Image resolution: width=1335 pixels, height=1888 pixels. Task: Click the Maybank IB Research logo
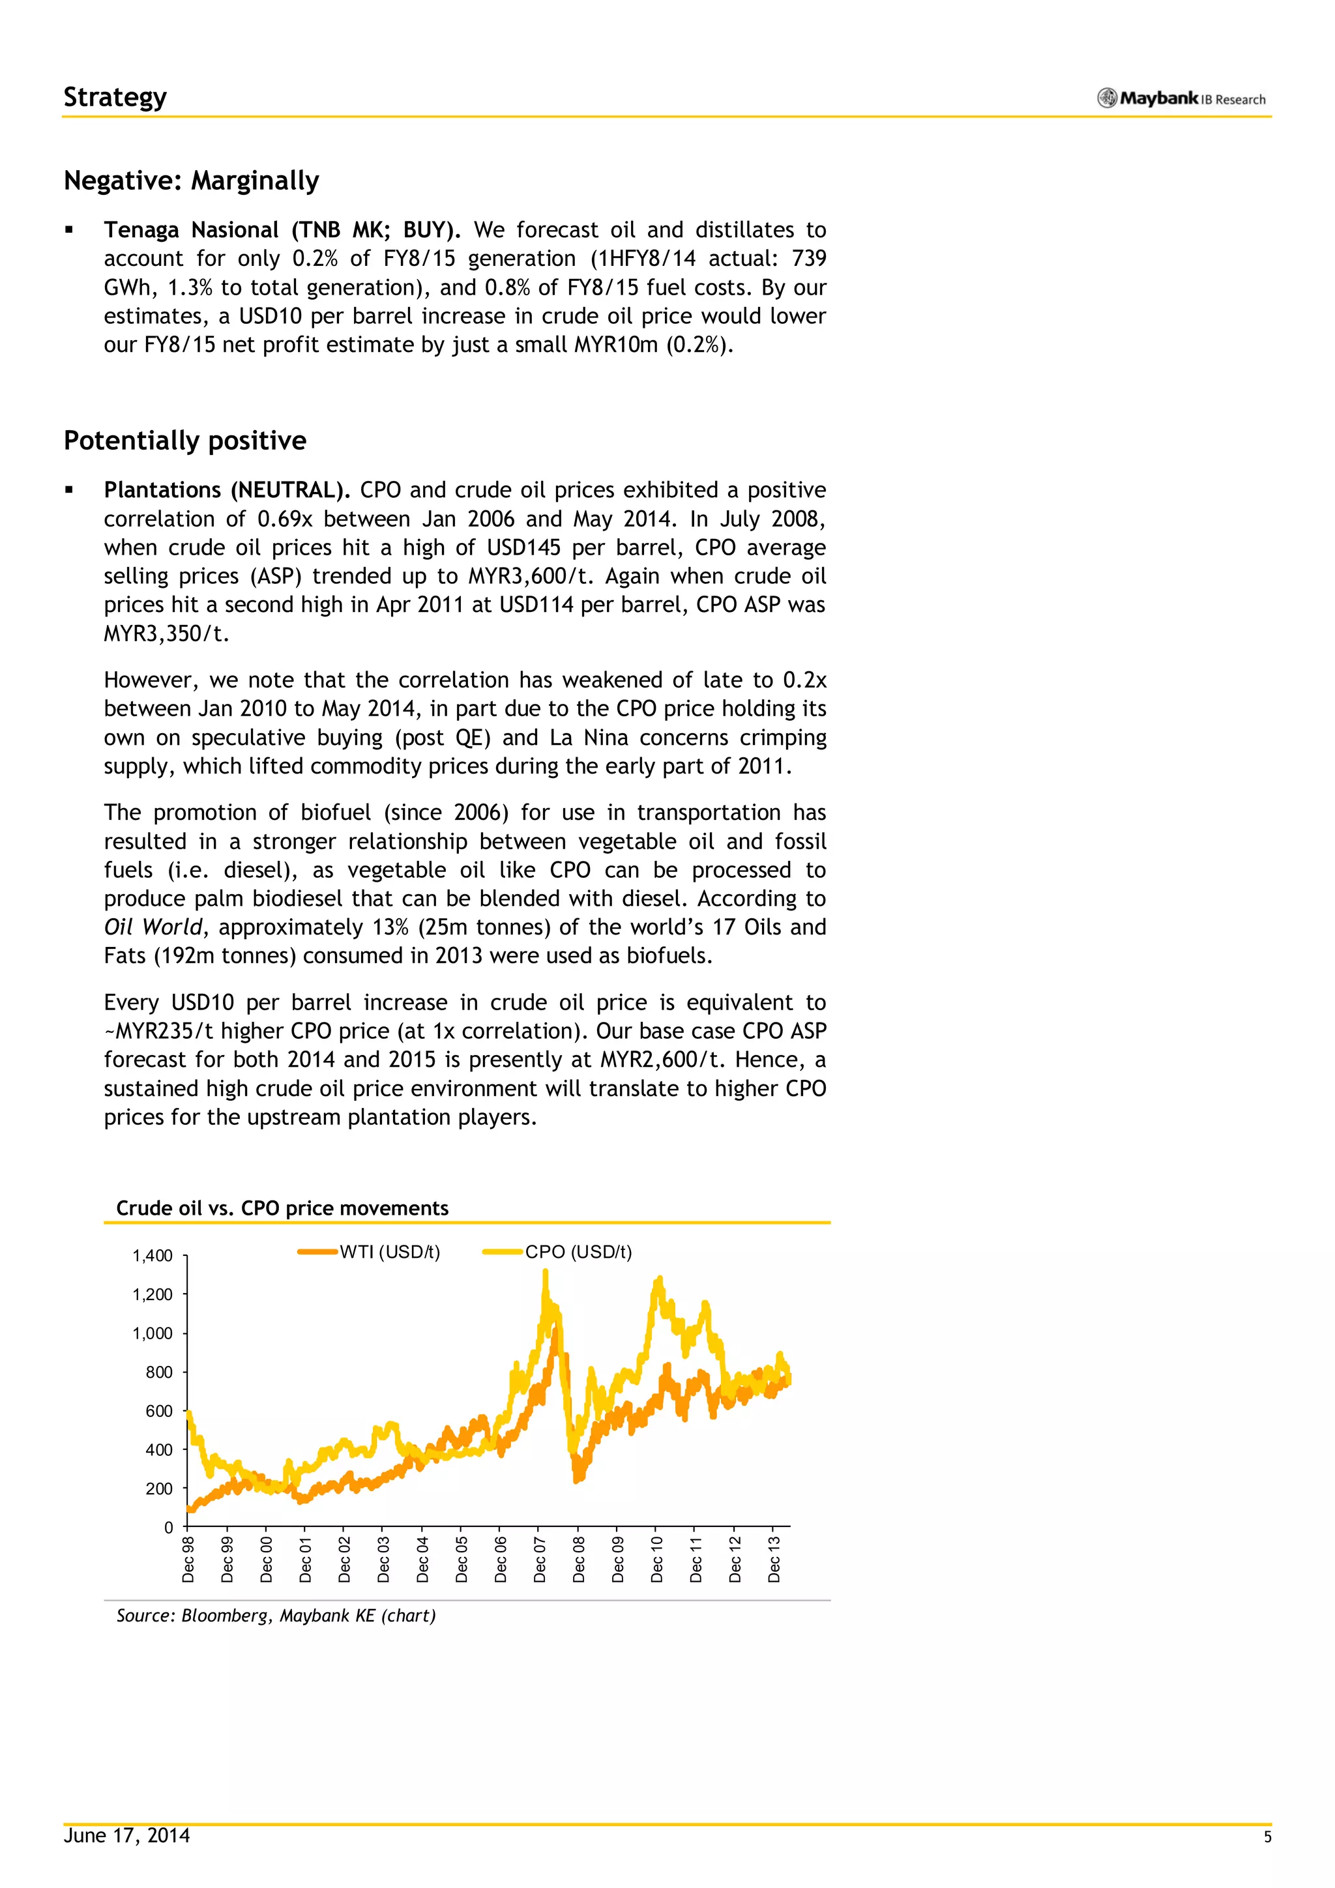click(1181, 98)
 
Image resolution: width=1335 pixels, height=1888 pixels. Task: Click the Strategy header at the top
click(115, 97)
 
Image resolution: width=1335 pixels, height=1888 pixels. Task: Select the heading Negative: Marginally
click(192, 180)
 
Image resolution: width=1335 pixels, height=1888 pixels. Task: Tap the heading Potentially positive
click(185, 440)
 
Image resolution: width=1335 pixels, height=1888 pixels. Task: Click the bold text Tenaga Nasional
click(191, 229)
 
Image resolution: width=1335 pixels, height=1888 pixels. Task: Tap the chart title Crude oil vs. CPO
click(282, 1208)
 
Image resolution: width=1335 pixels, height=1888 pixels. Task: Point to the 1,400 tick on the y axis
click(153, 1256)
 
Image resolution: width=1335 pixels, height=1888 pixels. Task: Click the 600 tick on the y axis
click(159, 1411)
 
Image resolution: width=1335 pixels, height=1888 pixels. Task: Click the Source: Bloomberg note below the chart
click(276, 1615)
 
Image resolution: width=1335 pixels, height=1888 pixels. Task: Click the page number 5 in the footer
click(1267, 1837)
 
